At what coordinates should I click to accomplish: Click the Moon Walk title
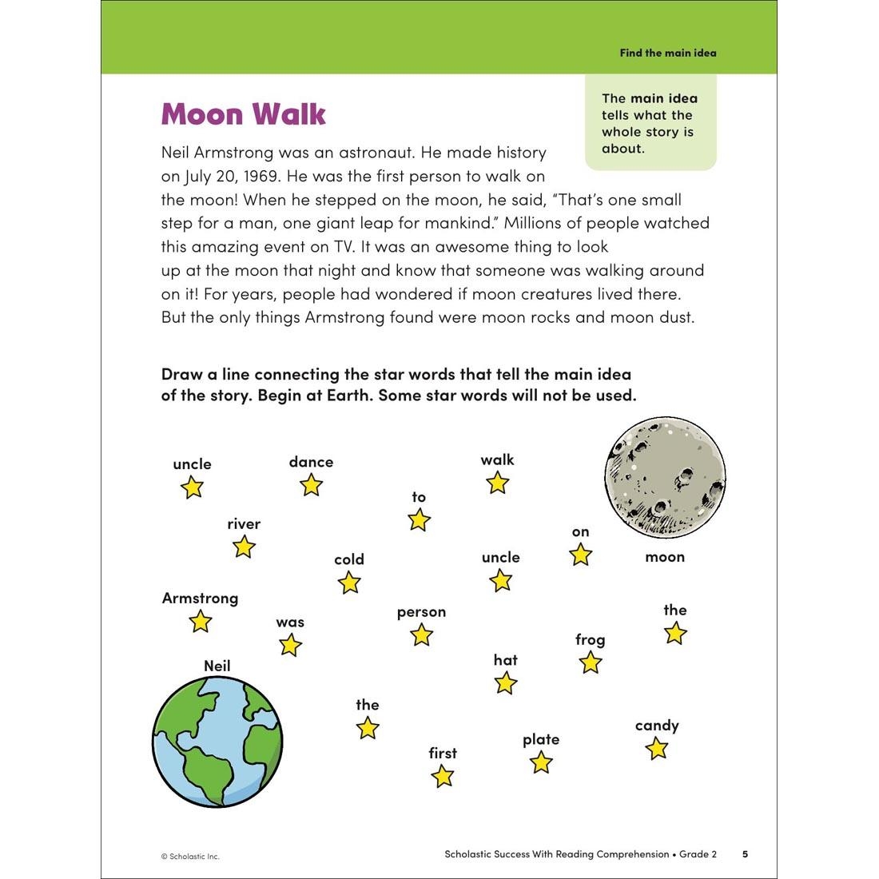click(243, 114)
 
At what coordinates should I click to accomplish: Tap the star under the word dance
click(311, 485)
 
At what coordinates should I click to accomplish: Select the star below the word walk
click(497, 483)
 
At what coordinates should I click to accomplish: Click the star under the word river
click(244, 547)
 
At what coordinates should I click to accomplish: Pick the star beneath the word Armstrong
click(200, 621)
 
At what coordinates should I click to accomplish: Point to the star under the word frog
click(590, 662)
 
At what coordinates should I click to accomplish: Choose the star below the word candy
click(656, 749)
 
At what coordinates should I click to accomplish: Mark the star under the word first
click(442, 776)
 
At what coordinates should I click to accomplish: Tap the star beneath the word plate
click(541, 762)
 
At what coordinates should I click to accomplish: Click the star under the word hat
click(505, 683)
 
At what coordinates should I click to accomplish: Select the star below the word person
click(421, 635)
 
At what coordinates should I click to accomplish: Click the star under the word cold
click(349, 583)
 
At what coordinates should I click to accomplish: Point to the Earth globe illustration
click(217, 741)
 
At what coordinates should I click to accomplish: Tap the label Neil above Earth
click(217, 666)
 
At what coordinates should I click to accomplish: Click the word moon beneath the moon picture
click(665, 557)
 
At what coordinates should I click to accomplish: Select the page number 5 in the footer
click(745, 854)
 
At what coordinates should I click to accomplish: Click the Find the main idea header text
click(668, 53)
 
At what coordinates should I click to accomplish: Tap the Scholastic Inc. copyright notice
click(190, 856)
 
